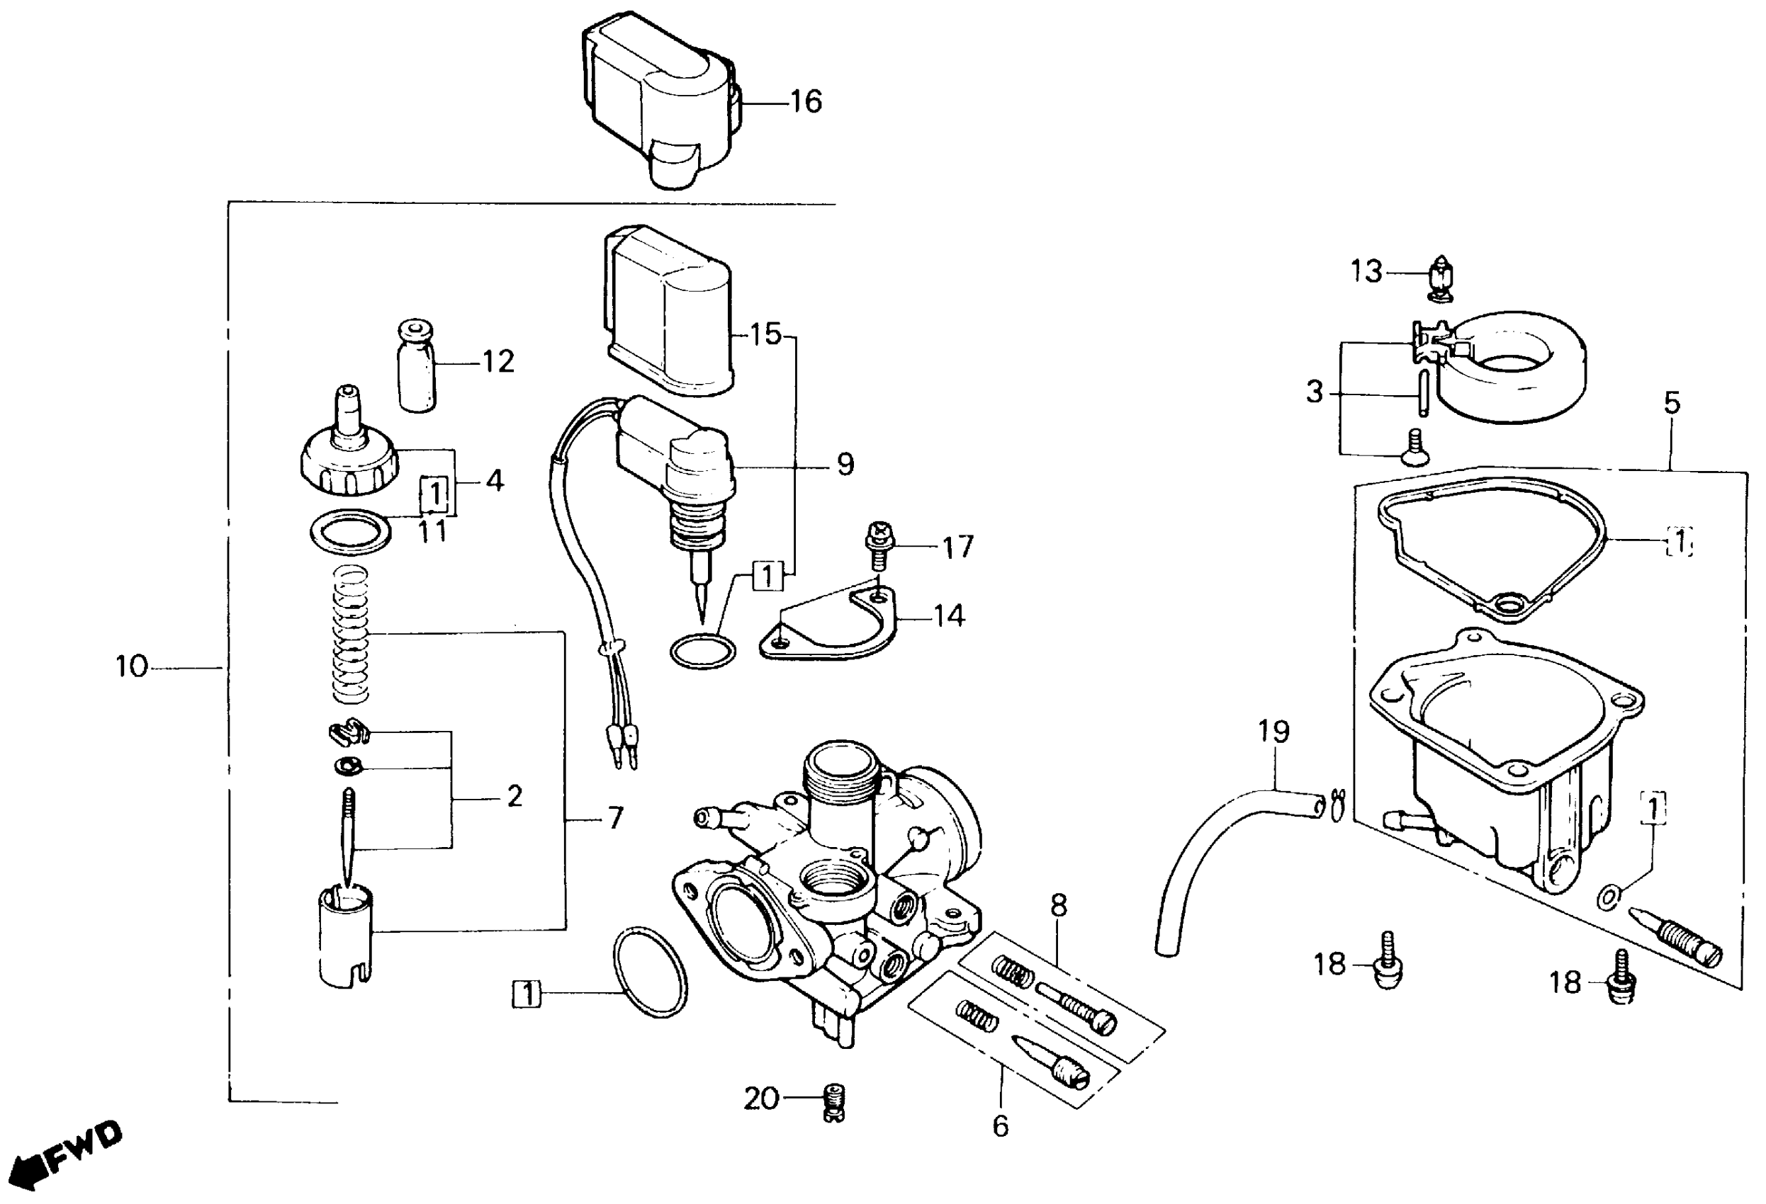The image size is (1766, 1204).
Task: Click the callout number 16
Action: (x=806, y=102)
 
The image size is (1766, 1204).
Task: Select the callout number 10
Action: (x=130, y=667)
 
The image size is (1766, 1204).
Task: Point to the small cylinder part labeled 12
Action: (x=417, y=368)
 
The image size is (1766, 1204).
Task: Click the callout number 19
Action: (x=1273, y=732)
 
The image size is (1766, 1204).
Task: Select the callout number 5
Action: (x=1672, y=402)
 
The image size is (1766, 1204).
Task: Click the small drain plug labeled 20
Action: (x=834, y=1103)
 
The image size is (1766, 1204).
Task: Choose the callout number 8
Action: (x=1058, y=904)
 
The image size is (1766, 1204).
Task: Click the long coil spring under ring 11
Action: (x=351, y=635)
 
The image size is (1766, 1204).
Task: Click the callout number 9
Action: (x=845, y=463)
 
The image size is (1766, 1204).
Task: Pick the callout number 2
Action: (x=514, y=796)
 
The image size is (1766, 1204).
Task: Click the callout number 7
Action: (x=614, y=818)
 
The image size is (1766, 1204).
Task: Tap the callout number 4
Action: (x=494, y=480)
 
